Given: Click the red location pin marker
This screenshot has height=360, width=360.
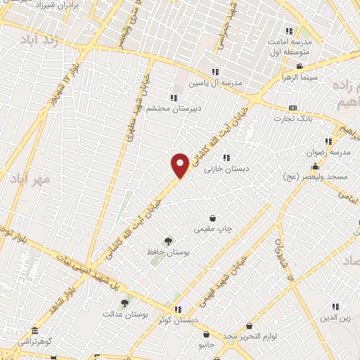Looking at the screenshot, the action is click(180, 165).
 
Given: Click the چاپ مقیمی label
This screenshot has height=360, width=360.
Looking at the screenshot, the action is click(214, 229).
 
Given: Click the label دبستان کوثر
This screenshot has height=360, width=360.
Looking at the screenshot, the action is click(175, 320).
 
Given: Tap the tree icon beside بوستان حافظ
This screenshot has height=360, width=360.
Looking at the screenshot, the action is click(167, 241).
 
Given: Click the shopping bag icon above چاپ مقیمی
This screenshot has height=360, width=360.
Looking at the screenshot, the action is click(212, 218).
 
